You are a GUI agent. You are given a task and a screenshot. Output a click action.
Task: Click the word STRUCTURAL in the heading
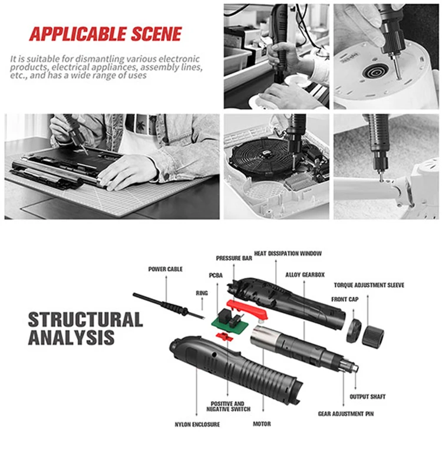point(85,320)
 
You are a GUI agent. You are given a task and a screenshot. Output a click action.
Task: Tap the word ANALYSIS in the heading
point(71,337)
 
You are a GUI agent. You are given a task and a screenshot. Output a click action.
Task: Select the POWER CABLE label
point(165,269)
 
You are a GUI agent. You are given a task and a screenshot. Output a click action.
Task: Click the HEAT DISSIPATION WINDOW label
point(288,254)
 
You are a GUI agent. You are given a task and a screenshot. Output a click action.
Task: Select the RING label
point(202,293)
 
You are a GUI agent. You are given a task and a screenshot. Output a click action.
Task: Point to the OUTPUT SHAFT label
point(369,396)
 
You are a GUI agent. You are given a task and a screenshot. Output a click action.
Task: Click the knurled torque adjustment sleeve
point(374,337)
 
